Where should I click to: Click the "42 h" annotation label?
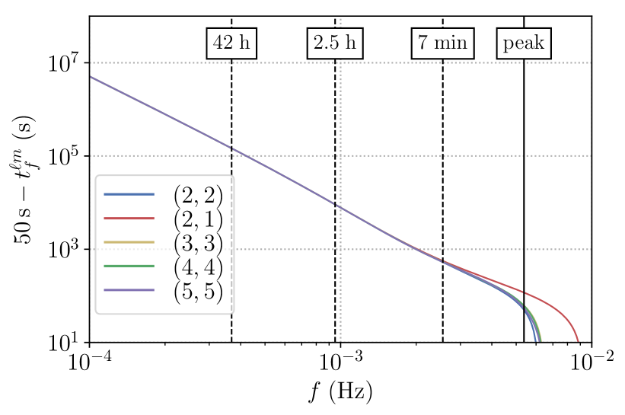231,43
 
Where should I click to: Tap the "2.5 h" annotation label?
335,43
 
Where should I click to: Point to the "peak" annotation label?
524,43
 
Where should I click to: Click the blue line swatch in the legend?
129,194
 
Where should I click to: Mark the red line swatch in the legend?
129,219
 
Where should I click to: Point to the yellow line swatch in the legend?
129,242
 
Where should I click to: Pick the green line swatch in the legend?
129,266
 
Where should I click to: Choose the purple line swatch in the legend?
129,290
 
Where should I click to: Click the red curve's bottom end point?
579,340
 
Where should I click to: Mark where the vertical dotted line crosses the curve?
340,206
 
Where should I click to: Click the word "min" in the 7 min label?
451,43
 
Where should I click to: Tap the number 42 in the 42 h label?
222,43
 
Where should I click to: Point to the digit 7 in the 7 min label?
423,43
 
